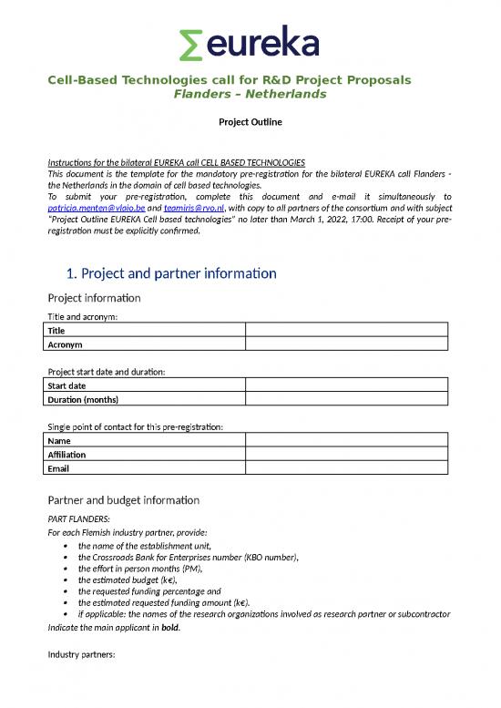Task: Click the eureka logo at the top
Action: pos(250,44)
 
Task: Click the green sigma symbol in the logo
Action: pos(191,44)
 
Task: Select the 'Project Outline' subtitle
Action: pos(250,121)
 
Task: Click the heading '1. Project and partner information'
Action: pos(171,272)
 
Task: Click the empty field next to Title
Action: pos(347,331)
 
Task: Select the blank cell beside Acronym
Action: pos(347,344)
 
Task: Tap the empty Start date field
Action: pos(347,385)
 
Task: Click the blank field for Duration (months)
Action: pos(347,399)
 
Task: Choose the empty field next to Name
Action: pos(347,441)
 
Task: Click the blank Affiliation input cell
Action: pos(347,455)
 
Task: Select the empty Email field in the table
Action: pos(347,468)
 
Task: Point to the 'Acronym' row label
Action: pos(65,344)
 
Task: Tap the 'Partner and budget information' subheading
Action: pos(123,499)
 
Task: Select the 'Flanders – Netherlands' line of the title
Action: pos(250,94)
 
